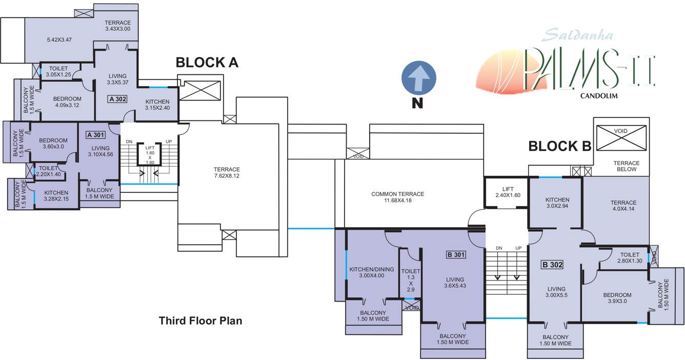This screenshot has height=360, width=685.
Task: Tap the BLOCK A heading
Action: coord(207,63)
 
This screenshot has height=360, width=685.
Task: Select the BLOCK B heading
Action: coord(560,146)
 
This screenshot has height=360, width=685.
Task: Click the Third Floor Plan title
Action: coord(200,321)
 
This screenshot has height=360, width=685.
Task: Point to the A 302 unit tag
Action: coord(117,99)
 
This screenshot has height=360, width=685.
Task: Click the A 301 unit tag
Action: coord(96,135)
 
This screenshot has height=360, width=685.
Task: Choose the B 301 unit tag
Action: coord(456,254)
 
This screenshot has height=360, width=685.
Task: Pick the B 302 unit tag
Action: coord(552,265)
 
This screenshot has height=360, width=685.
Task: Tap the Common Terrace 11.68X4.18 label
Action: coord(398,197)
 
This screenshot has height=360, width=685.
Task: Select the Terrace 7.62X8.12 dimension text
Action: coord(227,173)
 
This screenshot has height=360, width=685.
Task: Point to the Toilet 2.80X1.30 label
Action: coord(630,258)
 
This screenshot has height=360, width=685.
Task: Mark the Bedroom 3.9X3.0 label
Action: coord(617,298)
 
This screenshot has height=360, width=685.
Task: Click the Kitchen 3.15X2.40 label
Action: coord(161,105)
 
